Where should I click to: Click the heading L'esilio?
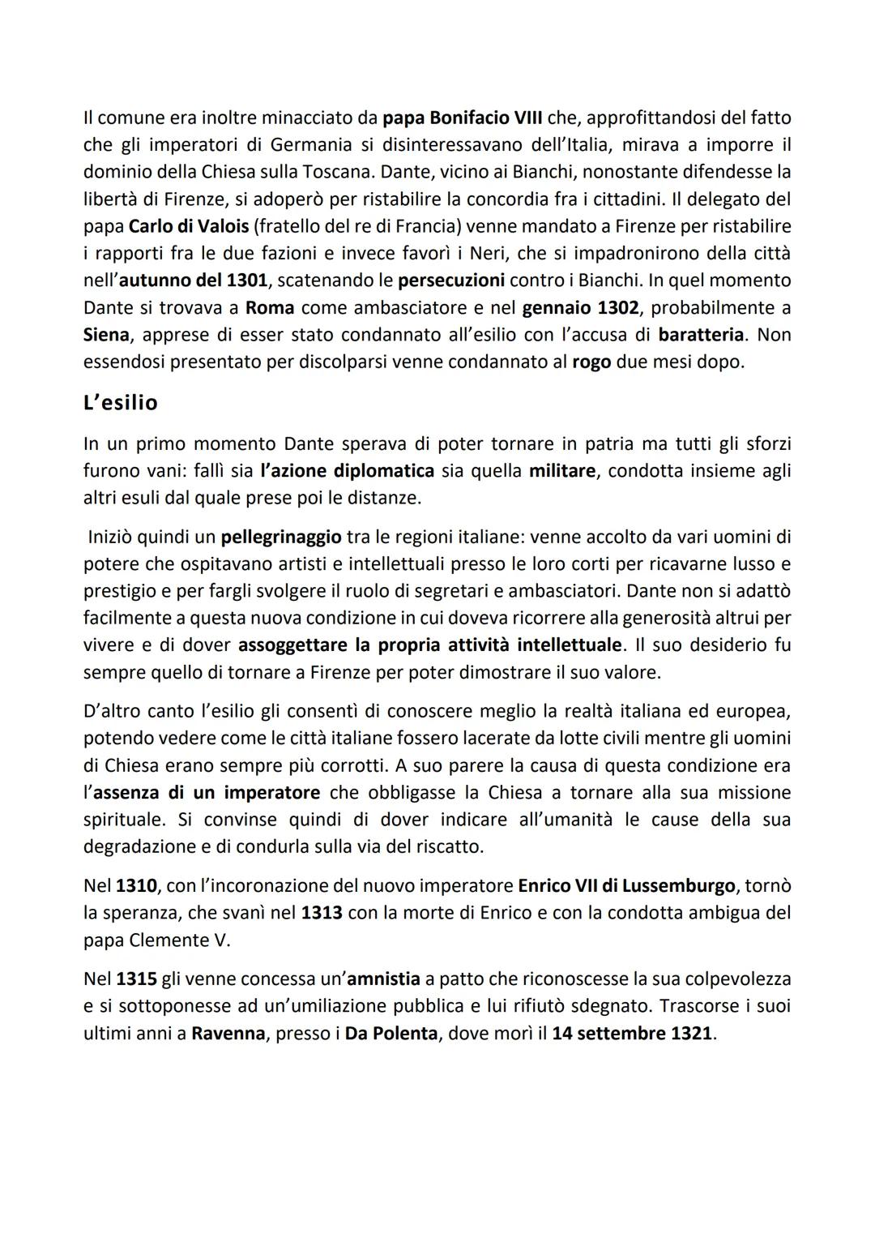click(121, 403)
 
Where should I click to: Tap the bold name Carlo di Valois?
click(189, 226)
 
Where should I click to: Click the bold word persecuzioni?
click(451, 281)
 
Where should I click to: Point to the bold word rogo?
click(591, 362)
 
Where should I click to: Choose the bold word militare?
click(561, 471)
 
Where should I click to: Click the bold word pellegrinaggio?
click(280, 537)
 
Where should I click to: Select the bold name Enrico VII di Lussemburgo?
click(626, 885)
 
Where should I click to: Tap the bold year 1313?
click(322, 913)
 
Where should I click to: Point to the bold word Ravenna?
click(228, 1034)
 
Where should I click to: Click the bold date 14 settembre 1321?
click(632, 1034)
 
